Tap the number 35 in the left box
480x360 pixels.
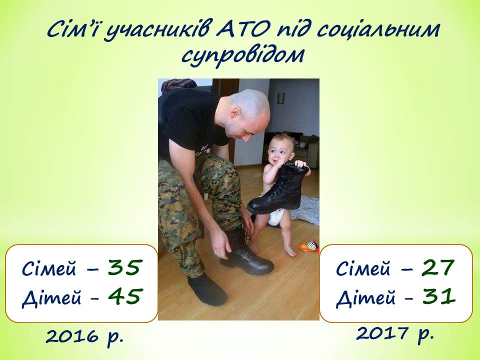[125, 267]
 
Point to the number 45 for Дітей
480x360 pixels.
[125, 296]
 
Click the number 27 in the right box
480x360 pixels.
[438, 267]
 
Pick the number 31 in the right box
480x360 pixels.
[438, 296]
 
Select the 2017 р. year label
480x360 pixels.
[395, 333]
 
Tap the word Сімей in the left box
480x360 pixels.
[48, 268]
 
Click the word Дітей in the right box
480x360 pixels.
[365, 297]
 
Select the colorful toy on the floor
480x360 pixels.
[308, 246]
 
